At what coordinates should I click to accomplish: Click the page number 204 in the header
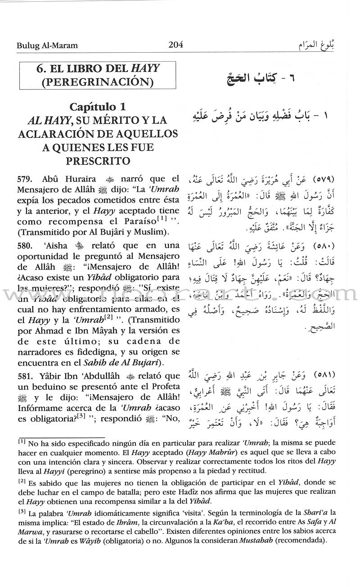click(x=175, y=45)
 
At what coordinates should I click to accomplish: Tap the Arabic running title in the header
click(x=321, y=45)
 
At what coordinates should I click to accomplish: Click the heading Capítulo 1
click(x=97, y=107)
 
